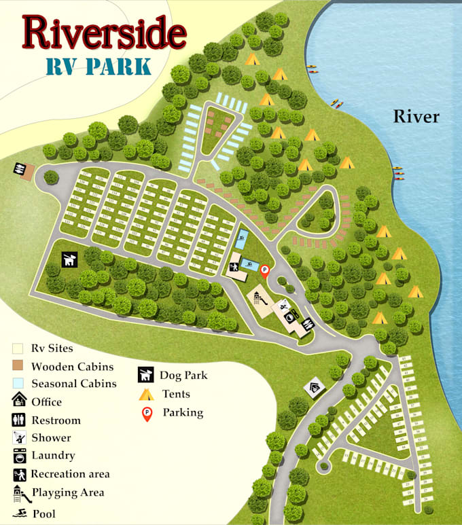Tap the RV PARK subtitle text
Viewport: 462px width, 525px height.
pyautogui.click(x=99, y=66)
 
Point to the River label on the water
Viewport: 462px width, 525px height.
pyautogui.click(x=416, y=117)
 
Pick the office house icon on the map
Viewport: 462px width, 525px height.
pyautogui.click(x=313, y=388)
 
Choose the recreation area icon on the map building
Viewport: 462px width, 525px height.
pyautogui.click(x=234, y=267)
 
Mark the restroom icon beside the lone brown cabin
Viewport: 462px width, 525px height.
pyautogui.click(x=20, y=168)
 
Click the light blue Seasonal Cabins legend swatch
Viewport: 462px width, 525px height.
pyautogui.click(x=18, y=383)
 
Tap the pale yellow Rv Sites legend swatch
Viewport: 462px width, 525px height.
pyautogui.click(x=18, y=348)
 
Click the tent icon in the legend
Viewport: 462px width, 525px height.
pyautogui.click(x=145, y=394)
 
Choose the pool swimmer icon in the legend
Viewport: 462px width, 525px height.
pyautogui.click(x=18, y=512)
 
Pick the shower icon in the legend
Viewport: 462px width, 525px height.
pyautogui.click(x=18, y=437)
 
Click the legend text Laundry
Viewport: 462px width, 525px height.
pyautogui.click(x=53, y=456)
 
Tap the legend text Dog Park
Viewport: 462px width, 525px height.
pyautogui.click(x=183, y=375)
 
